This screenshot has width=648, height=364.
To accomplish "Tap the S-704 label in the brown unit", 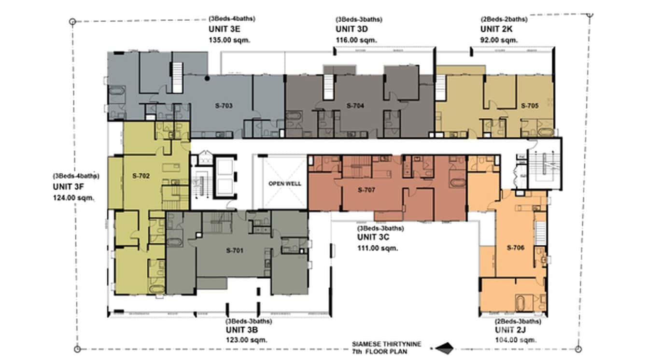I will tap(355, 105).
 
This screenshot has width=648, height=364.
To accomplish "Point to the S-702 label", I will tap(141, 176).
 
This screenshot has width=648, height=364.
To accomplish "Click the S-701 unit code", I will tap(235, 251).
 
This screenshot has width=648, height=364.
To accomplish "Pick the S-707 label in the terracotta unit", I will tap(366, 190).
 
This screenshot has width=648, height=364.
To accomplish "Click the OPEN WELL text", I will tap(285, 183).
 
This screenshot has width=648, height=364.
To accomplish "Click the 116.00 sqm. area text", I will tap(356, 40).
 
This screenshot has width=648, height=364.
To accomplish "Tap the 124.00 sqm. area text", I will tap(73, 197).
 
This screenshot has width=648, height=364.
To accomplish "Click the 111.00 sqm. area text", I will tap(378, 248).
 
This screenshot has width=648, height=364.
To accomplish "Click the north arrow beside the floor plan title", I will tap(444, 347).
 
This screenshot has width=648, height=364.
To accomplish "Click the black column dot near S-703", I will tap(207, 78).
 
